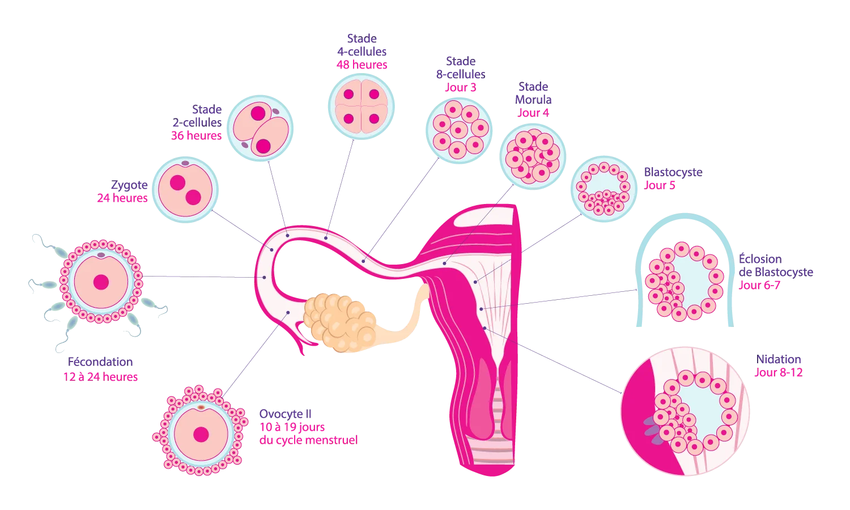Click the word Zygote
pos(129,185)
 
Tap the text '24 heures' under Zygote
pos(122,198)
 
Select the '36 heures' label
pos(196,135)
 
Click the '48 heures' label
pos(362,65)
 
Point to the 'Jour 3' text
pos(461,88)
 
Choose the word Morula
pos(533,100)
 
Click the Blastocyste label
pos(673,173)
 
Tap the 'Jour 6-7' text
pos(759,285)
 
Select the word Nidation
pos(778,359)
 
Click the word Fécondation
pos(100,362)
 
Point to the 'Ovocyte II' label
pos(286,414)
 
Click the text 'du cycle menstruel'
pos(308,440)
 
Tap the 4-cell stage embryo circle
pos(362,107)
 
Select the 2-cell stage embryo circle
pos(260,128)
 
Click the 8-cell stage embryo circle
pos(459,131)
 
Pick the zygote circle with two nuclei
pos(185,190)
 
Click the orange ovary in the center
pos(340,322)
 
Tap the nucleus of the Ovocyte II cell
pos(201,435)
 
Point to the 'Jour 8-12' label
pos(779,373)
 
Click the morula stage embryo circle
pos(533,156)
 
